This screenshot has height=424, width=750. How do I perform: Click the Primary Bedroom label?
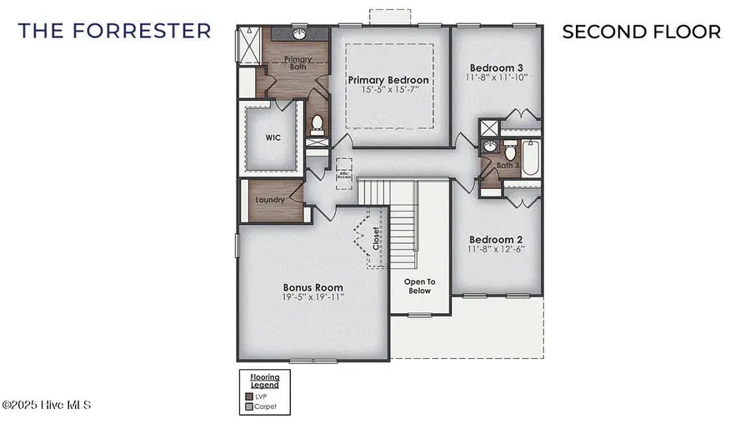[x=388, y=80]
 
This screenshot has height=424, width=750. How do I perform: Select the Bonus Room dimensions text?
[x=312, y=297]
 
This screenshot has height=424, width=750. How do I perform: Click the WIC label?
[x=273, y=137]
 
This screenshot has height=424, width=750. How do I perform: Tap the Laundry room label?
[x=270, y=200]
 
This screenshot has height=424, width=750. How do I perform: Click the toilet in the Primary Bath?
[x=317, y=125]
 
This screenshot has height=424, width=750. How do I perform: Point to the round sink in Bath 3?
[x=490, y=147]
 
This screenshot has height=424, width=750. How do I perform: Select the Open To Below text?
[x=419, y=287]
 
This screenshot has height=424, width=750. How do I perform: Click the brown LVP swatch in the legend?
[x=248, y=397]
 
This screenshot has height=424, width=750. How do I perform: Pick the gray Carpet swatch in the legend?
[x=248, y=407]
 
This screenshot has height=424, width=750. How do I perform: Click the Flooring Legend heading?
[x=264, y=382]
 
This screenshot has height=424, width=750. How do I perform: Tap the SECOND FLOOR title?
[x=641, y=32]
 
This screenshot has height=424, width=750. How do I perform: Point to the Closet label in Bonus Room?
[x=376, y=238]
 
